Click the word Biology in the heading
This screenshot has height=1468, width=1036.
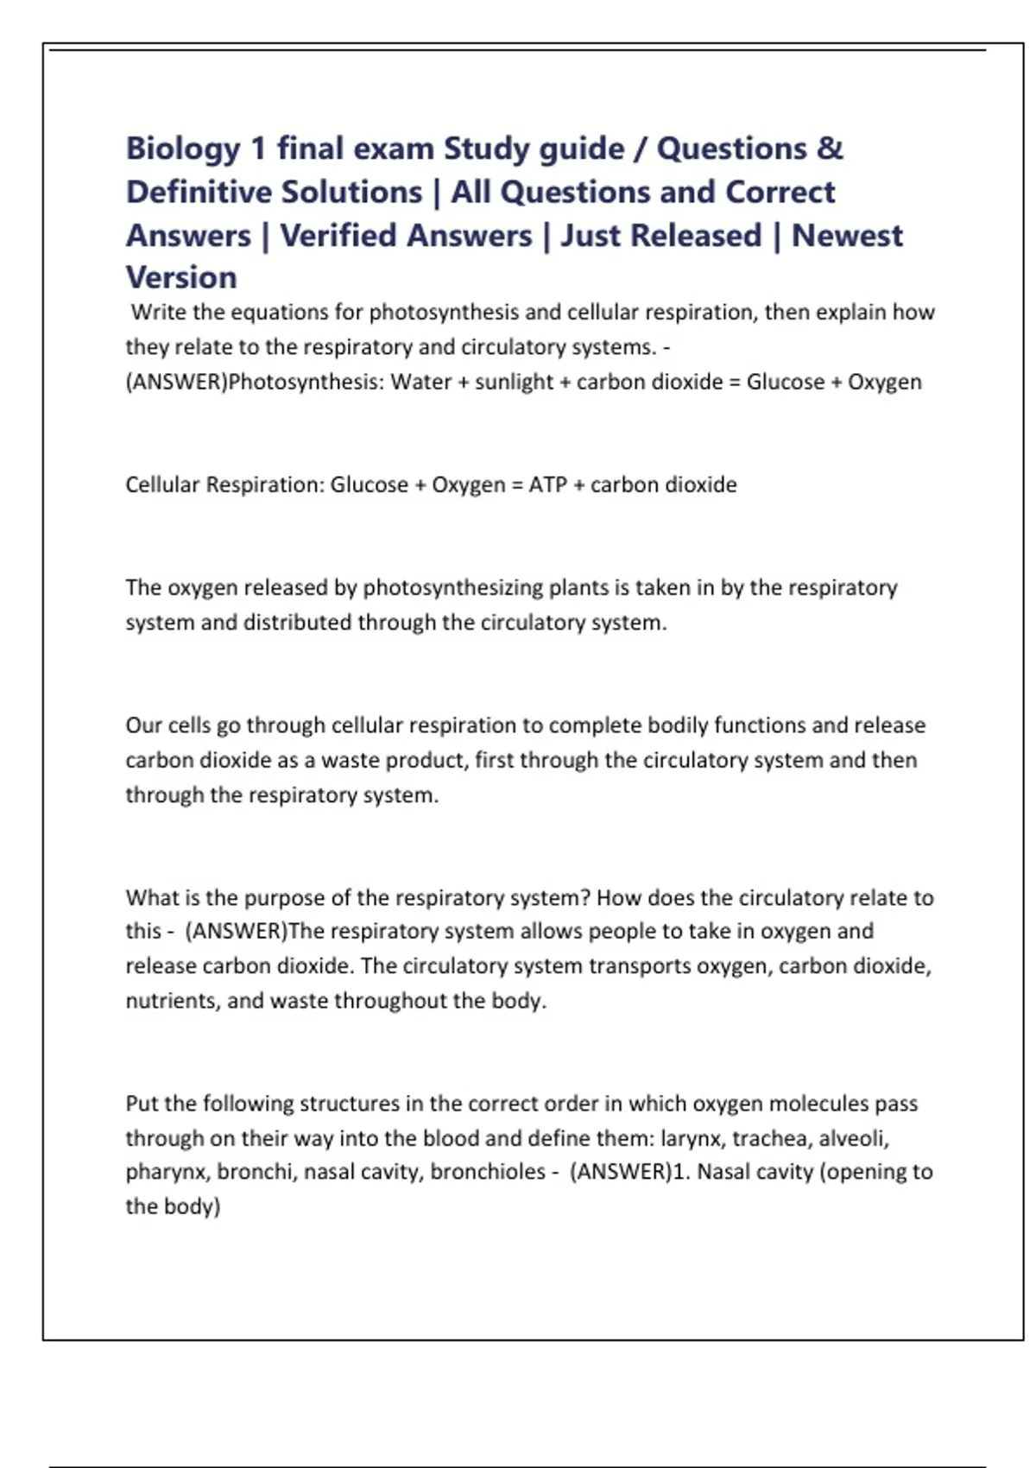(x=183, y=149)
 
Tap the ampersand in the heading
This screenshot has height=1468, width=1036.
(x=829, y=149)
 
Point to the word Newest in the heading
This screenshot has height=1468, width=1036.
(x=847, y=236)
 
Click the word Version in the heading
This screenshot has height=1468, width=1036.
(x=181, y=278)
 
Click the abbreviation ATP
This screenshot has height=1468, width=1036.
(x=547, y=484)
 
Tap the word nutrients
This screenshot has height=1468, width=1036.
(x=171, y=1001)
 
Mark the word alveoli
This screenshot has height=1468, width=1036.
(x=853, y=1138)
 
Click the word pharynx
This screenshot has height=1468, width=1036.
(x=166, y=1172)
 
